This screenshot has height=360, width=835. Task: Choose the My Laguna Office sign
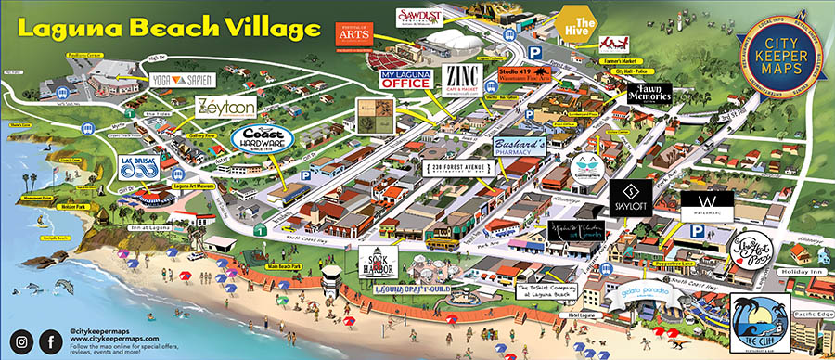point(405,78)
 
